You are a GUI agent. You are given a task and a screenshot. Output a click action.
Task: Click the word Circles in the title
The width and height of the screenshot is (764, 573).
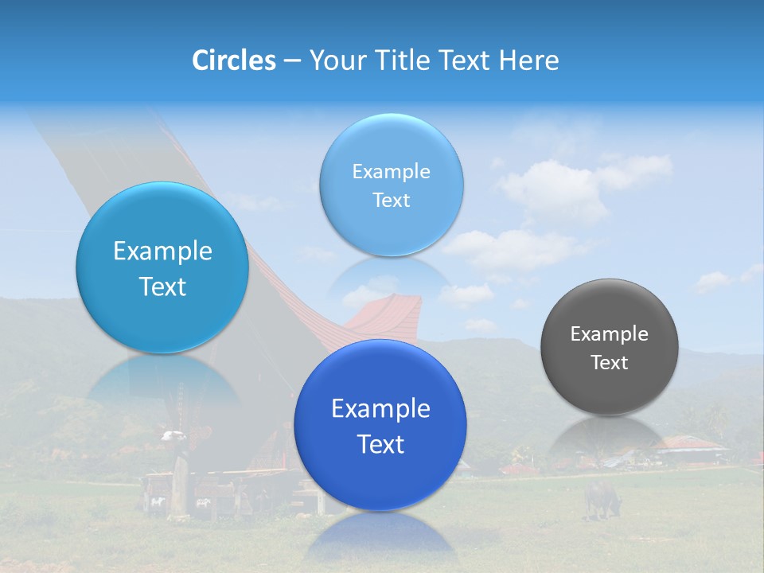click(x=234, y=60)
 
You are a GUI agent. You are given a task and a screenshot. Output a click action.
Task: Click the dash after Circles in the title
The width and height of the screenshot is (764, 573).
click(x=292, y=61)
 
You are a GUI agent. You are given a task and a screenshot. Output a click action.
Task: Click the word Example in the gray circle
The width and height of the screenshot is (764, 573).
click(x=609, y=334)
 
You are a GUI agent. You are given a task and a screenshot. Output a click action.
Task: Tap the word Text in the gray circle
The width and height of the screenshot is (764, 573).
click(x=609, y=363)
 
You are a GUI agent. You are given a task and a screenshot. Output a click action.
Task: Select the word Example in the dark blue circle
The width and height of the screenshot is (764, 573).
click(x=380, y=409)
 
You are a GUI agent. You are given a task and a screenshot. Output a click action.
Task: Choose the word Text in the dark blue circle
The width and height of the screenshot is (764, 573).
click(x=380, y=444)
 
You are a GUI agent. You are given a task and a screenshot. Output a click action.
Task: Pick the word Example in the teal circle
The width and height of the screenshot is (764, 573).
click(x=162, y=251)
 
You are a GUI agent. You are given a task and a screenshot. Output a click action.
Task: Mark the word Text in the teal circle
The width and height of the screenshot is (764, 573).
click(x=162, y=286)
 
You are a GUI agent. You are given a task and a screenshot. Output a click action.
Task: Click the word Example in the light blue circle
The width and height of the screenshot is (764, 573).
click(x=391, y=172)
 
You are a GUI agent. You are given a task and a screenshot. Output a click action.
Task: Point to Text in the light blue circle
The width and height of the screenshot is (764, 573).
click(x=391, y=201)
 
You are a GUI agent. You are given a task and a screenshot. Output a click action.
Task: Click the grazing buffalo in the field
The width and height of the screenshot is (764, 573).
click(x=602, y=498)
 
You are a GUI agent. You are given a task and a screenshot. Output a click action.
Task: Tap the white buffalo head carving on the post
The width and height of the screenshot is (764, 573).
click(x=173, y=435)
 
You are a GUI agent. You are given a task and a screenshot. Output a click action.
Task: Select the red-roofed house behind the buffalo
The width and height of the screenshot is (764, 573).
click(x=689, y=446)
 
